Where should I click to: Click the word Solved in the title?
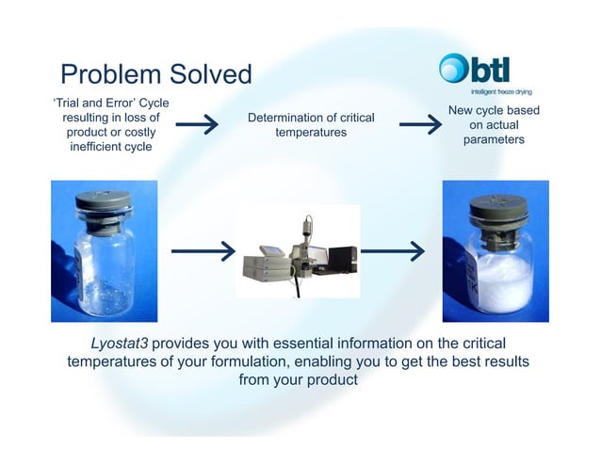(x=209, y=75)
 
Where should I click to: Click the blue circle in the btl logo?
(x=453, y=69)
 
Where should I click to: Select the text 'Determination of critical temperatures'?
(x=310, y=125)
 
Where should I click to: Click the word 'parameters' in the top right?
(x=493, y=139)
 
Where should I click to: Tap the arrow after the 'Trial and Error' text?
(x=197, y=125)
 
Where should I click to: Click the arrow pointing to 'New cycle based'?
(x=419, y=125)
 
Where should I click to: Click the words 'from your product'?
(x=300, y=380)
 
